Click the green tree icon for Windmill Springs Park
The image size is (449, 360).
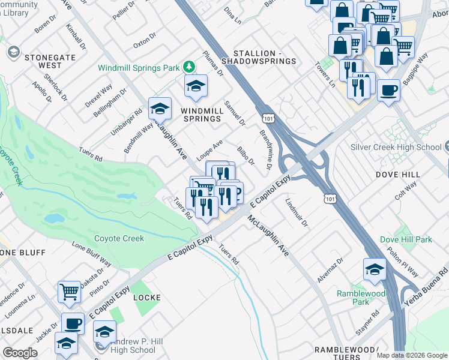click(x=189, y=65)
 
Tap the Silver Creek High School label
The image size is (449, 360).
click(x=396, y=147)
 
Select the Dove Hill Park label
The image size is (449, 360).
click(x=406, y=239)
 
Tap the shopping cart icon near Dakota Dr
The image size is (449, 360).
click(x=70, y=292)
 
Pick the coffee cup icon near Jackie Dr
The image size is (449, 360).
click(x=73, y=323)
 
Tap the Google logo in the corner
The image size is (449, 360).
click(x=20, y=353)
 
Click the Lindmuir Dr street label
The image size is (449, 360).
click(x=297, y=213)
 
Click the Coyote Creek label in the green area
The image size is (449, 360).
click(x=119, y=238)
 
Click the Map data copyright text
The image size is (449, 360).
click(x=412, y=355)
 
